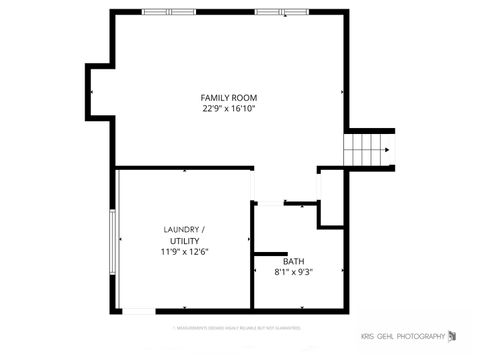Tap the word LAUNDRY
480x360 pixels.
pyautogui.click(x=182, y=230)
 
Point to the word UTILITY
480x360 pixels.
pyautogui.click(x=184, y=241)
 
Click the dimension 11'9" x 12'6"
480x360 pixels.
pyautogui.click(x=184, y=252)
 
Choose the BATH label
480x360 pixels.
pyautogui.click(x=293, y=261)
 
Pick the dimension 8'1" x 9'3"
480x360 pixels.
pyautogui.click(x=293, y=272)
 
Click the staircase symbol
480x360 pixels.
pyautogui.click(x=368, y=151)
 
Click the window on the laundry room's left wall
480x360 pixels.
pyautogui.click(x=114, y=240)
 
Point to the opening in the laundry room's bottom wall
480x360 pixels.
pyautogui.click(x=139, y=311)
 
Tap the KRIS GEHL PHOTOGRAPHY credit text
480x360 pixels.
pyautogui.click(x=402, y=336)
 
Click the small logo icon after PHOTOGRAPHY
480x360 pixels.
pyautogui.click(x=452, y=335)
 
